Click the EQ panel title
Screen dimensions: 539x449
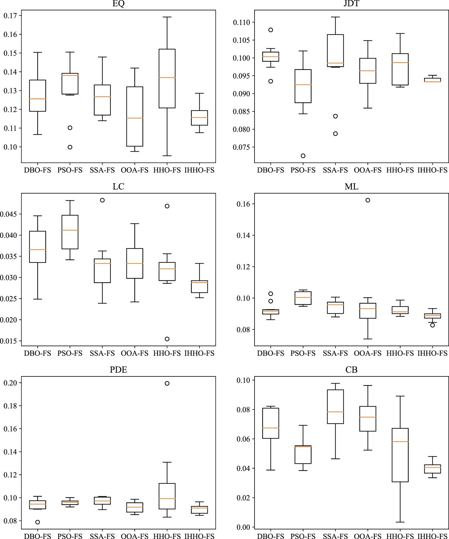[118, 4]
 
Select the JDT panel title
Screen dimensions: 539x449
[351, 4]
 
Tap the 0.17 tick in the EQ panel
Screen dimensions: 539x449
[10, 15]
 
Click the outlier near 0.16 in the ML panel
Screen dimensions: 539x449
[368, 200]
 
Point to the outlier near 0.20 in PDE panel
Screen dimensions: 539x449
[167, 383]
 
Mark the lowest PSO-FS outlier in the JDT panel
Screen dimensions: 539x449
[303, 156]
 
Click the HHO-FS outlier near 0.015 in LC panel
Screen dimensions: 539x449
[167, 339]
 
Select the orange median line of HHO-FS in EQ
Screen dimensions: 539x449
[167, 78]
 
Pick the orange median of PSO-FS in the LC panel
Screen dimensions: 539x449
[70, 230]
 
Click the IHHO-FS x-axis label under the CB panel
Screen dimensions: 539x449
[432, 536]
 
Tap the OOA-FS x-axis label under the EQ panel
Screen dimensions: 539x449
[135, 170]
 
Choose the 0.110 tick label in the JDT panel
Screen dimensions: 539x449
[242, 22]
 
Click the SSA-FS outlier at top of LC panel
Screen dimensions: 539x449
[102, 200]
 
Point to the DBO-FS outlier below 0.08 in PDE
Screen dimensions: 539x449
[38, 522]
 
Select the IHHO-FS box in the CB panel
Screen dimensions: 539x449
[432, 469]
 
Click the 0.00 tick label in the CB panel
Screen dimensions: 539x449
[243, 527]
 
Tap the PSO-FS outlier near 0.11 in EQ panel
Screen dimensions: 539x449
[70, 128]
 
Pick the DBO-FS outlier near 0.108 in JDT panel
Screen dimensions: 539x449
[271, 30]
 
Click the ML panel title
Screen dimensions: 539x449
[351, 187]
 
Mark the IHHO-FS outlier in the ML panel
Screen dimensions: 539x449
[432, 325]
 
